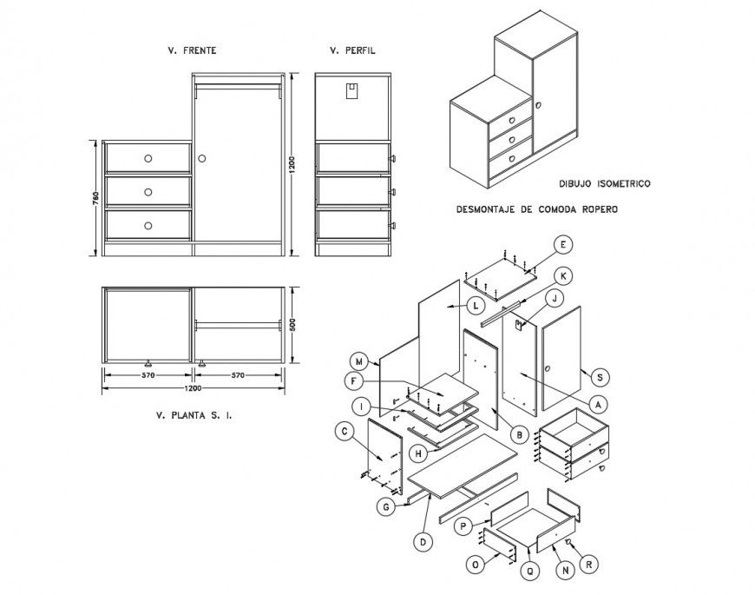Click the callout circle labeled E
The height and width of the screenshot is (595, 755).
pyautogui.click(x=562, y=244)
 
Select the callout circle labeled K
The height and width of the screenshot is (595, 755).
pyautogui.click(x=562, y=275)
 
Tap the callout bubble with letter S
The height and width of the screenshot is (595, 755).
pyautogui.click(x=598, y=376)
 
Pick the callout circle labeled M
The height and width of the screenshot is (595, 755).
pyautogui.click(x=358, y=360)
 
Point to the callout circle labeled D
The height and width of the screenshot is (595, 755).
pyautogui.click(x=423, y=541)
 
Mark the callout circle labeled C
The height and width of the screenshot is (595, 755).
pyautogui.click(x=345, y=430)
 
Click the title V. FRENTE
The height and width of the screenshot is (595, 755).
pyautogui.click(x=192, y=51)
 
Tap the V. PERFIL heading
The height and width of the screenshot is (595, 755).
pyautogui.click(x=351, y=51)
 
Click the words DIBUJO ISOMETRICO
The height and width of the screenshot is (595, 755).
pyautogui.click(x=605, y=184)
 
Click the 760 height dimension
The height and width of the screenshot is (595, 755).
pyautogui.click(x=94, y=198)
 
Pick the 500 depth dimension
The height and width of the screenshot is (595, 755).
pyautogui.click(x=292, y=326)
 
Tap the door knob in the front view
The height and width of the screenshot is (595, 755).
pyautogui.click(x=202, y=159)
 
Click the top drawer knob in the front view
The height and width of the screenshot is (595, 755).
pyautogui.click(x=148, y=158)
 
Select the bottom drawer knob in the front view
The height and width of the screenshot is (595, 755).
pyautogui.click(x=148, y=225)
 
